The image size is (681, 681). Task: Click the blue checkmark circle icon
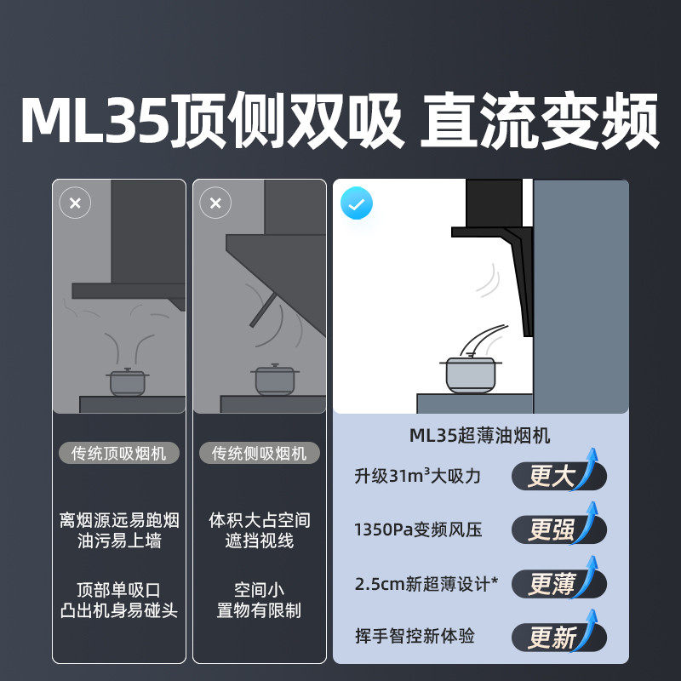356,203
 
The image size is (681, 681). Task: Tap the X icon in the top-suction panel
75,203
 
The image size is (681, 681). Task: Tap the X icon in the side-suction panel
215,203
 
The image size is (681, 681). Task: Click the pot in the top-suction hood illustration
127,381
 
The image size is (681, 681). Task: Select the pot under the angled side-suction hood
274,379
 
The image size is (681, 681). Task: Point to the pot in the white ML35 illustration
471,373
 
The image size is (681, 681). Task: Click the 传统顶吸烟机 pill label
119,453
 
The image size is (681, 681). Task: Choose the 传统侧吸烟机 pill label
260,453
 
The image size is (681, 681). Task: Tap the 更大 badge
559,475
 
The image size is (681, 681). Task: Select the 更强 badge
559,529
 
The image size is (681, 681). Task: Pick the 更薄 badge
559,583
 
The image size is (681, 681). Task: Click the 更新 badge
559,637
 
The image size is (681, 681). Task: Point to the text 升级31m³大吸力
417,476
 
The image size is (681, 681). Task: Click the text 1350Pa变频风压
418,529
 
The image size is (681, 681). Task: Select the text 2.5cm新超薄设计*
426,584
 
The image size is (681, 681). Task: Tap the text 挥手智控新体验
415,636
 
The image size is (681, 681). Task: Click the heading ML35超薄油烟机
480,435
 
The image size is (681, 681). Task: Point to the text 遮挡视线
260,541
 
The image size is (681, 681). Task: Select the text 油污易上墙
119,541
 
